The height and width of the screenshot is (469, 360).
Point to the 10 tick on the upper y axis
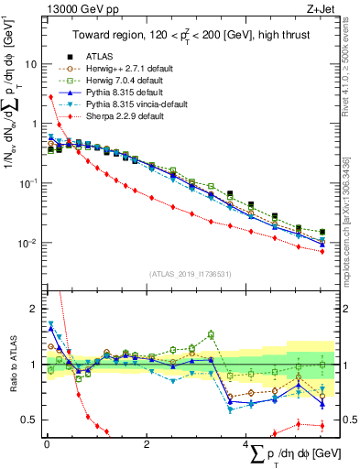tap(30, 65)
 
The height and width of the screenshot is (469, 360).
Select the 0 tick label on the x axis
tap(46, 443)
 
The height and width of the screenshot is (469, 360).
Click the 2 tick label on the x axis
tap(147, 443)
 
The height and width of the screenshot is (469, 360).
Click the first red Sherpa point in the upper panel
tap(49, 96)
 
